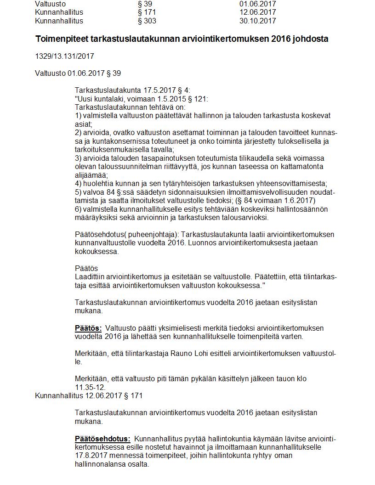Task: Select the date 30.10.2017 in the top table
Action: click(258, 21)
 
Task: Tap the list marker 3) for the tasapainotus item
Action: click(78, 158)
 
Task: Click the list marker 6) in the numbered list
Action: click(78, 209)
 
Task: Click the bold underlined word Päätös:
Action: click(88, 328)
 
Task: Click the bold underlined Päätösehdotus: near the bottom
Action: click(102, 439)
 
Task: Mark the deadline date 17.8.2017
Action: click(90, 456)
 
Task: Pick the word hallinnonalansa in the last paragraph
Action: click(99, 464)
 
